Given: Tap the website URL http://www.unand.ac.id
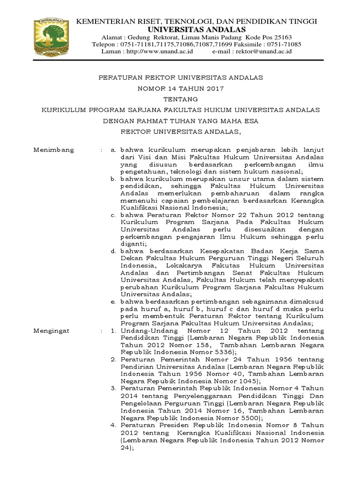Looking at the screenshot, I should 158,52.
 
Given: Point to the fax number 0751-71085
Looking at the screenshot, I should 286,45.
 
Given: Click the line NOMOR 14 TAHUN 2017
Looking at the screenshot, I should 180,88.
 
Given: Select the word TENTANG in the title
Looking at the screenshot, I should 180,99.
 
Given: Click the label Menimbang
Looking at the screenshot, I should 53,150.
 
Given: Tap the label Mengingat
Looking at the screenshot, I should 52,330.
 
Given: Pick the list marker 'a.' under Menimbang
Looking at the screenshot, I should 113,150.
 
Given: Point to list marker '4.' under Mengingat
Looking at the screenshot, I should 113,426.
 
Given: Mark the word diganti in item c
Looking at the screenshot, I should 133,244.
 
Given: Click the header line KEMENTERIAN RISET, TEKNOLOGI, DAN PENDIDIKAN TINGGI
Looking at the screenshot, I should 197,22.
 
